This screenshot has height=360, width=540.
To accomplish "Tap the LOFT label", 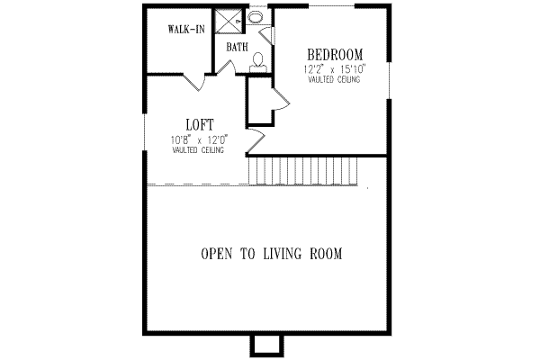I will click(x=199, y=124).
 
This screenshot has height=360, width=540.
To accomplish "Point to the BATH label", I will click(x=237, y=47).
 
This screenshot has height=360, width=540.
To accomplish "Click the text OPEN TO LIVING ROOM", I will click(x=271, y=254).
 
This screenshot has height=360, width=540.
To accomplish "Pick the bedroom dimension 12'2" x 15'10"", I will click(x=335, y=68).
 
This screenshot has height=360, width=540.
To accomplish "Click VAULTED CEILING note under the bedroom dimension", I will click(x=335, y=80).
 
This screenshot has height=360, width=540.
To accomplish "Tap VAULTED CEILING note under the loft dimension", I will click(x=199, y=150).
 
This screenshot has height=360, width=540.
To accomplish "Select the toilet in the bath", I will click(x=258, y=61).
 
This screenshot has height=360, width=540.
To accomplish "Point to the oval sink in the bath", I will click(x=256, y=16).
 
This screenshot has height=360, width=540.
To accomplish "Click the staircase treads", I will click(x=306, y=168).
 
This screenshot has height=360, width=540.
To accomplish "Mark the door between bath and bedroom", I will click(x=267, y=34).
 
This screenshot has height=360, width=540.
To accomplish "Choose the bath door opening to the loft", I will click(x=229, y=68).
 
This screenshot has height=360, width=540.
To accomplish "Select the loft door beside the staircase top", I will click(x=256, y=139).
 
